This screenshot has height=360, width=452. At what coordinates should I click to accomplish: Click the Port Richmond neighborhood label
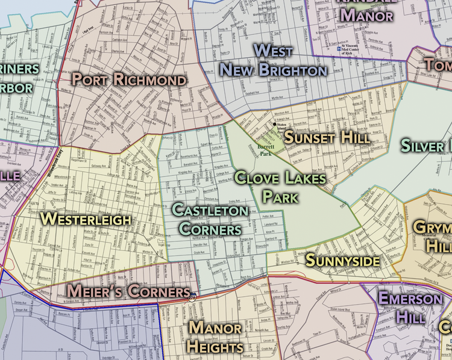click(x=129, y=79)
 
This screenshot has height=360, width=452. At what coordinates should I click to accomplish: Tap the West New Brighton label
click(x=273, y=60)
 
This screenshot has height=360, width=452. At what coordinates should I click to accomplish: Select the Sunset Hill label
click(x=327, y=137)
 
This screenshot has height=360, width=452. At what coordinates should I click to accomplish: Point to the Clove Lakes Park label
click(x=280, y=187)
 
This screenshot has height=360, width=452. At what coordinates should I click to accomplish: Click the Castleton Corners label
click(x=209, y=219)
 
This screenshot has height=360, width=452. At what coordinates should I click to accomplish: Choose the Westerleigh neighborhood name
click(x=86, y=219)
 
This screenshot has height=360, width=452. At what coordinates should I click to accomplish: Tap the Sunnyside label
click(x=342, y=261)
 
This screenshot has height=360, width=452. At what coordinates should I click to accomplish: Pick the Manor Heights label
click(x=215, y=337)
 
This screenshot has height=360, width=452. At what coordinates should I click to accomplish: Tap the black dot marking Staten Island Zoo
click(x=275, y=124)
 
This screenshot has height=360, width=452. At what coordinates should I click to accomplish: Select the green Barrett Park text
click(x=266, y=150)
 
